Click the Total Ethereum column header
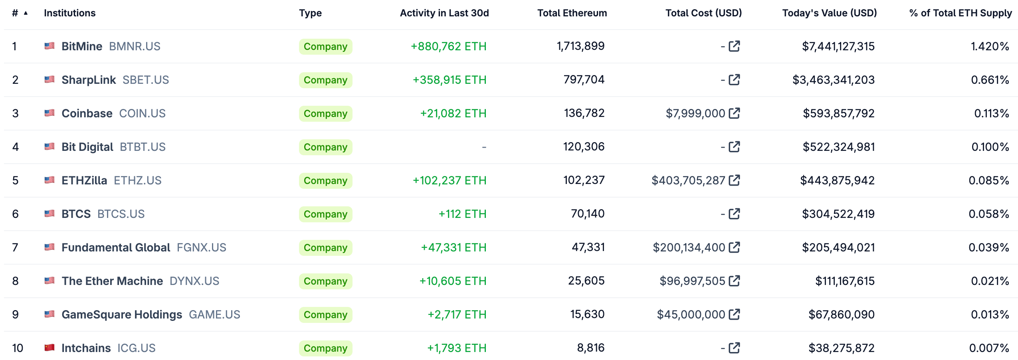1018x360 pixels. point(572,13)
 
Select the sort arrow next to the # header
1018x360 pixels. point(26,13)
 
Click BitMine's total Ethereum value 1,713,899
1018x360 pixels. point(580,46)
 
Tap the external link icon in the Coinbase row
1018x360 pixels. point(734,113)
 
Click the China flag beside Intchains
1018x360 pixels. point(50,348)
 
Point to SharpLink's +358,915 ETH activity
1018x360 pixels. point(449,80)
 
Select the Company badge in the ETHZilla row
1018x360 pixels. point(325,180)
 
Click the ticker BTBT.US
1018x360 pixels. point(143,147)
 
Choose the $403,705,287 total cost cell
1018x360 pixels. point(688,180)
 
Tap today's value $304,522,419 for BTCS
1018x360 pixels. point(838,214)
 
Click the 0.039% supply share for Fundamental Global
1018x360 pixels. point(988,247)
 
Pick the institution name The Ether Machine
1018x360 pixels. point(112,281)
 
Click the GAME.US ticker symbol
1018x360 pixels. point(214,315)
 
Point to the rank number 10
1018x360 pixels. point(18,348)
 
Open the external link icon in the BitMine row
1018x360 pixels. point(734,46)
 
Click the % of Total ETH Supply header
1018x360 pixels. point(960,13)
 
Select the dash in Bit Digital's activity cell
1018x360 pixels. point(484,147)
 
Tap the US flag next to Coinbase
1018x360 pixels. point(50,113)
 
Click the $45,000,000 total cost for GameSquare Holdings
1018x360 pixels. point(691,315)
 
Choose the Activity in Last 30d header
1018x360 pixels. point(444,13)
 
